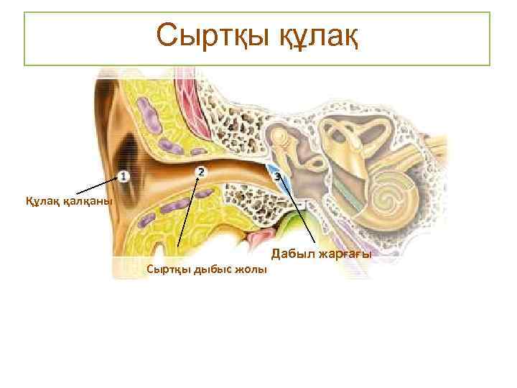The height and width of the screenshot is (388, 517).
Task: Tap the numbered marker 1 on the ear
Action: point(124,175)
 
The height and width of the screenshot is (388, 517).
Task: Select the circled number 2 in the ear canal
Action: point(200,171)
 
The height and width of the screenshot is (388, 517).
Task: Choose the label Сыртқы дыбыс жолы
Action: point(206,269)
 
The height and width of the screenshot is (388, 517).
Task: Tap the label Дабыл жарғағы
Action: point(321,254)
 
